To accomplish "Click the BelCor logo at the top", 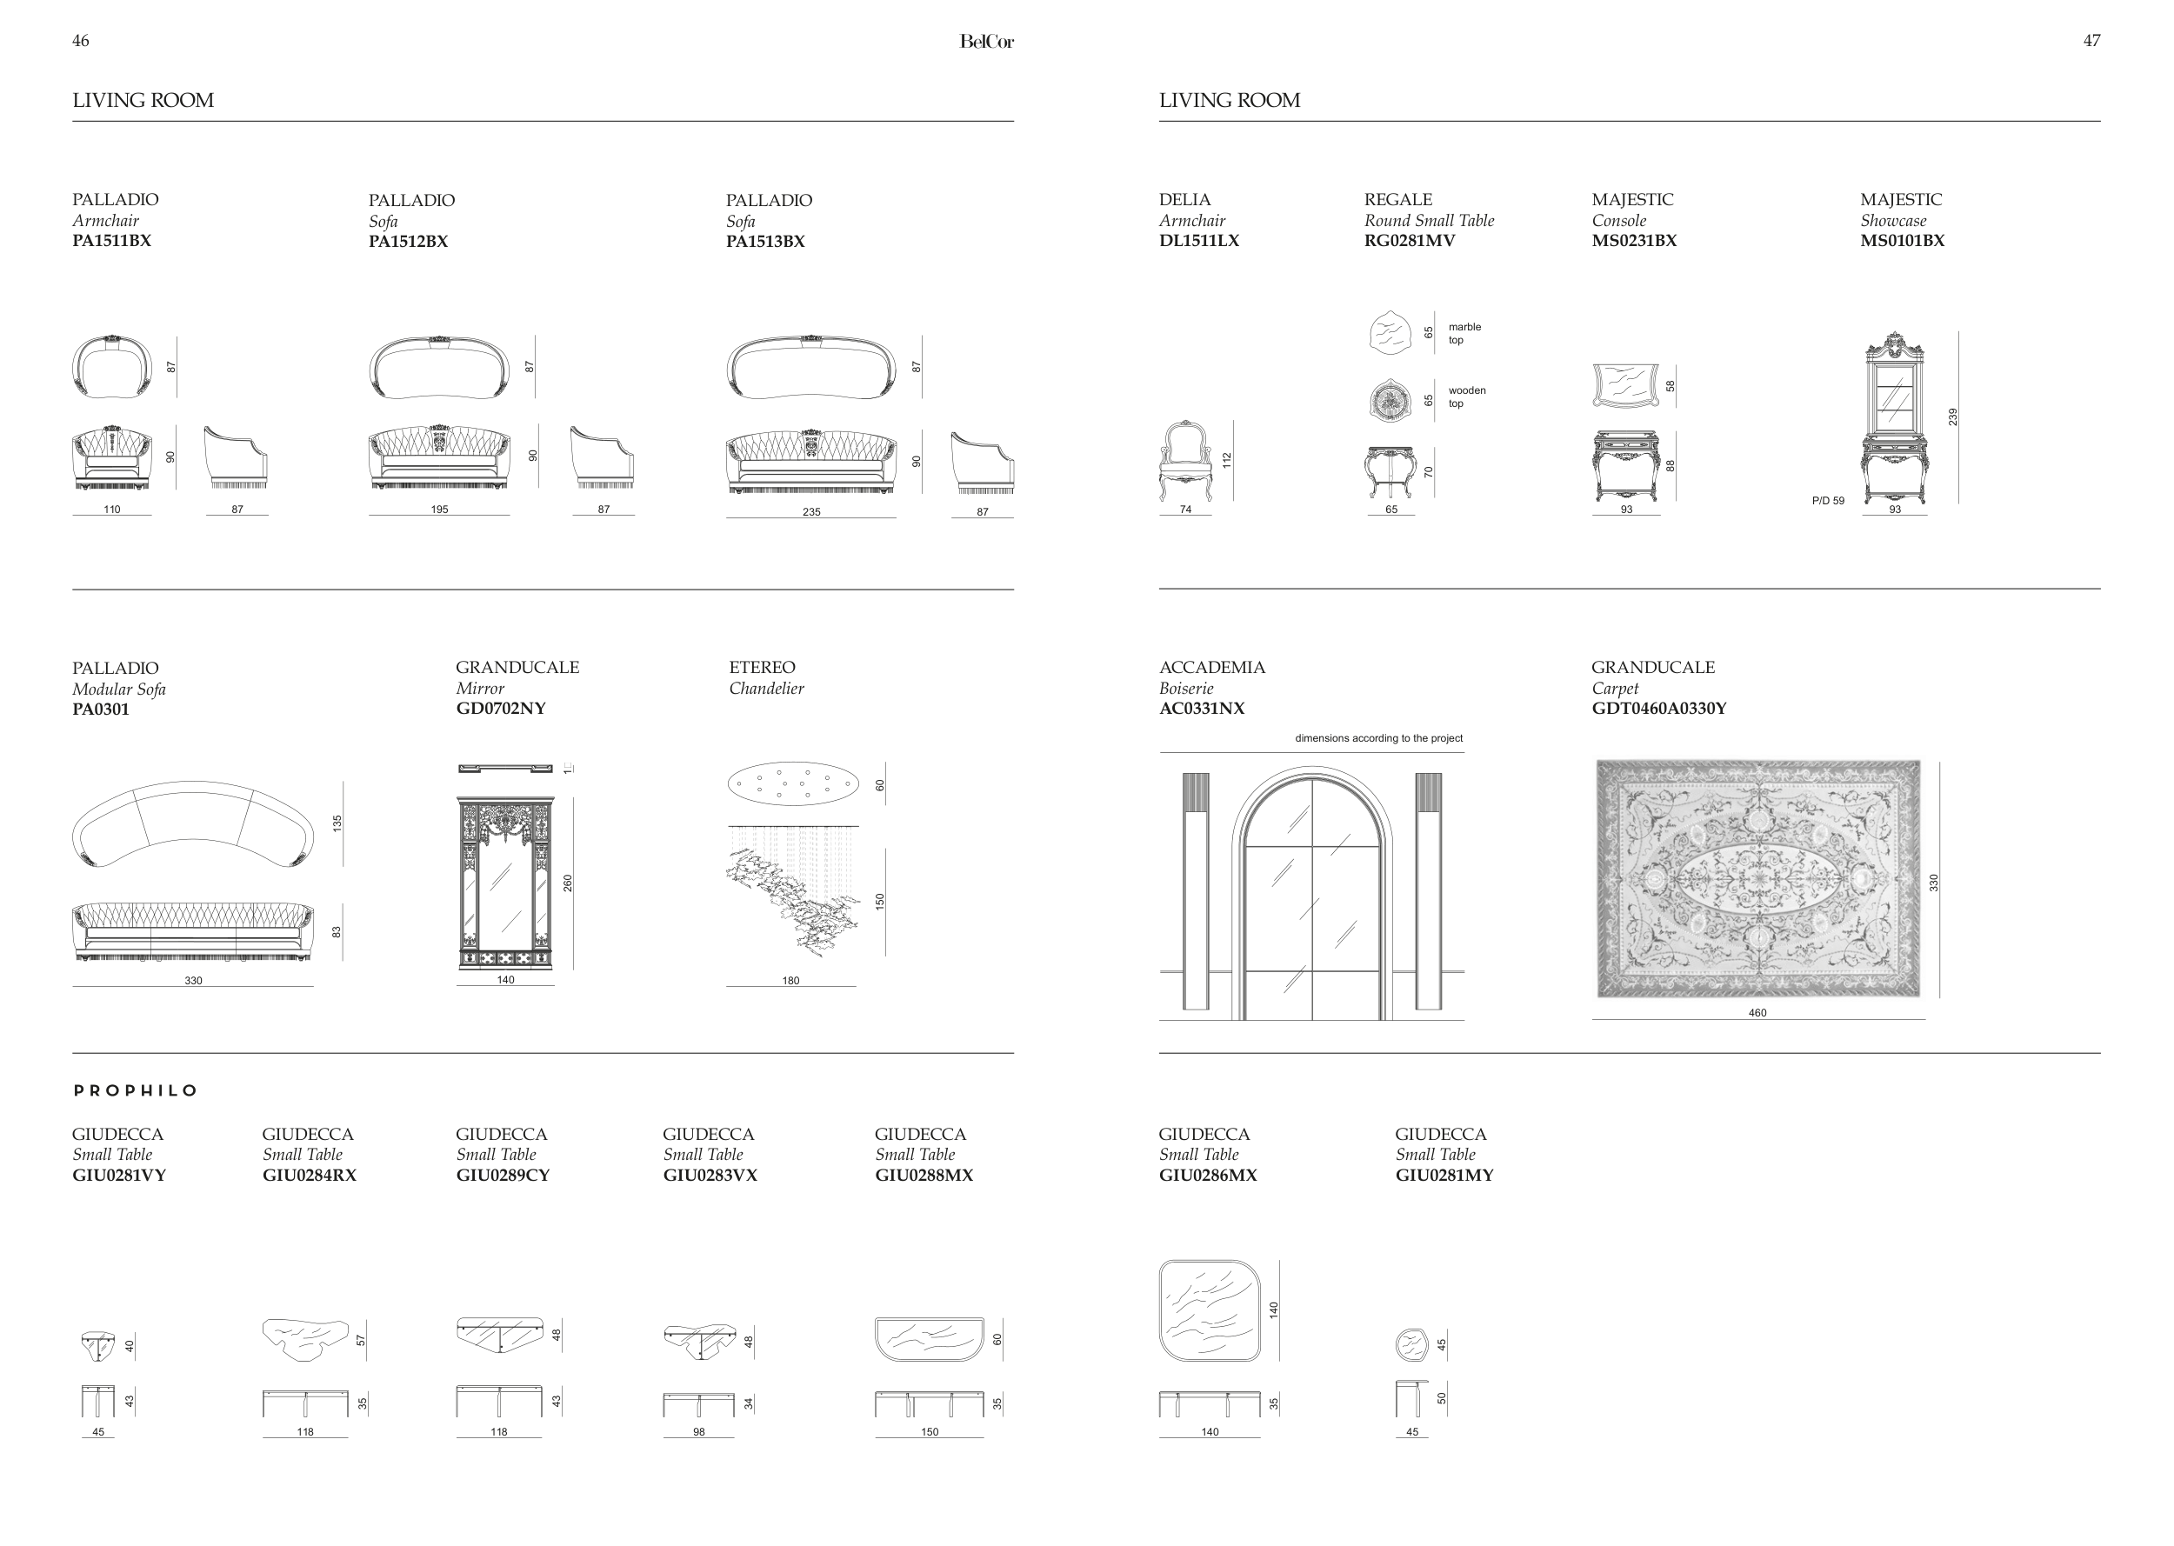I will (986, 42).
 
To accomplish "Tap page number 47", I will (2091, 41).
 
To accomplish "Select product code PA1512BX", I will (409, 242).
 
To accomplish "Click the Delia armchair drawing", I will (1184, 461).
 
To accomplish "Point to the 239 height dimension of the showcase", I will (1952, 417).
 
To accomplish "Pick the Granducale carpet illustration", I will (1757, 879).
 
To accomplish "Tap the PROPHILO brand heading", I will (135, 1091).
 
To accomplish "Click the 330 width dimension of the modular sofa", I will (193, 981).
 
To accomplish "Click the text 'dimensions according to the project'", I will (1378, 739).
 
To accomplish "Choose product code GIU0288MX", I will (924, 1176).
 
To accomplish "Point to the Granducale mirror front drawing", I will (505, 883).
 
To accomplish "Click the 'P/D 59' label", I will (1828, 501).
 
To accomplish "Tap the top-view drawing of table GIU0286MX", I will (1210, 1311).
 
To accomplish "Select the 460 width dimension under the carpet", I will (1757, 1013).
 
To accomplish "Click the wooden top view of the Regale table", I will (1390, 400).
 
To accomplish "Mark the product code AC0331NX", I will (1201, 710).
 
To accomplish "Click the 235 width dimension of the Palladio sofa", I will (811, 512).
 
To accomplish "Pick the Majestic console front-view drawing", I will (1626, 465).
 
